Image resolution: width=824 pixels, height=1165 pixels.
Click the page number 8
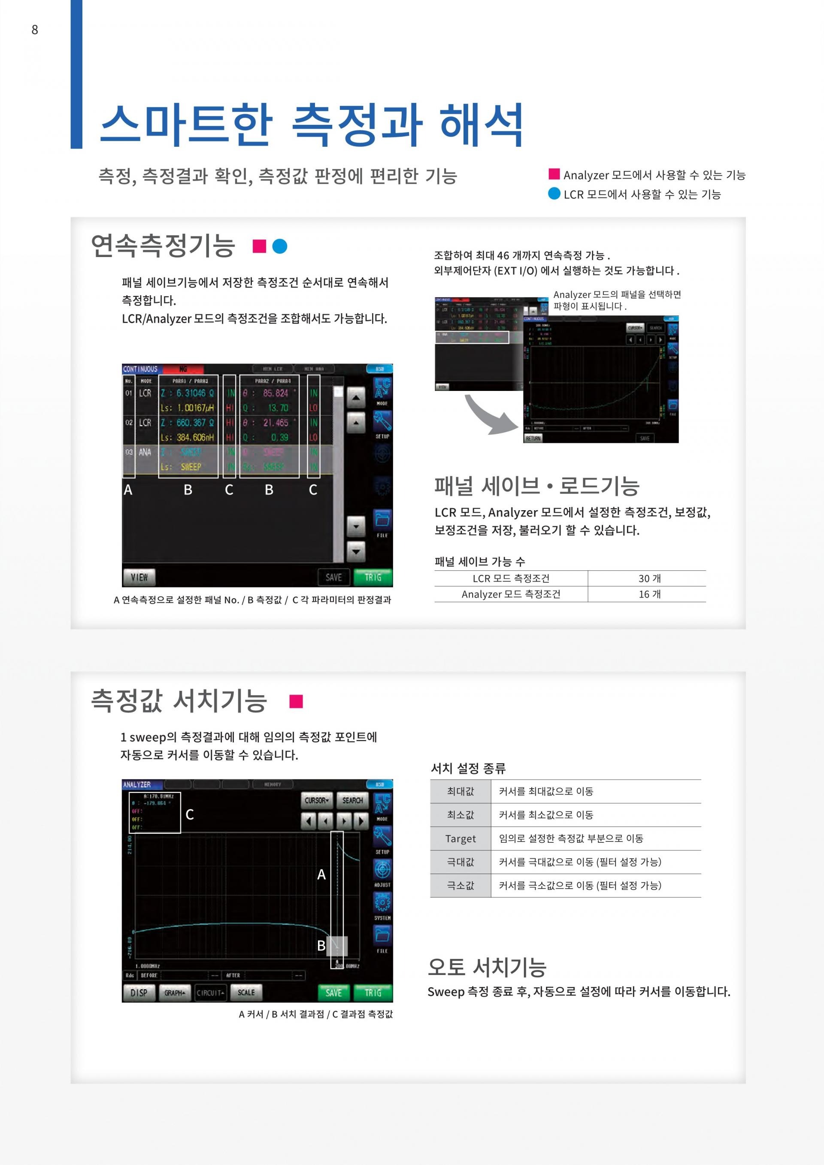(34, 30)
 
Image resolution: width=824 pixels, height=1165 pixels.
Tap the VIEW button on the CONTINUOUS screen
(139, 577)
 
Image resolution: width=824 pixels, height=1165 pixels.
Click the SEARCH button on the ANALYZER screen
(352, 800)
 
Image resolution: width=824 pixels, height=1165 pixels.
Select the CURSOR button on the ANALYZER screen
(317, 800)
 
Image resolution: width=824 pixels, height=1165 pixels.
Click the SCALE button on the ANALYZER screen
(246, 992)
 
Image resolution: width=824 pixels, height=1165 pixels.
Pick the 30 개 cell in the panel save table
(649, 578)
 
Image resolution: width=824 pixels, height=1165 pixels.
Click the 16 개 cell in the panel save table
(649, 594)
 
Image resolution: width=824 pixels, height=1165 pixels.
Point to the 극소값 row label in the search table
(460, 885)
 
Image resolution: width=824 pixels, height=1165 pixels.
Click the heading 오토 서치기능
(487, 967)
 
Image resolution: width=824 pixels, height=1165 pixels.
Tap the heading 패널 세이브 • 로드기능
(536, 486)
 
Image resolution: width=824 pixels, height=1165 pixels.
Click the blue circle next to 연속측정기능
(279, 246)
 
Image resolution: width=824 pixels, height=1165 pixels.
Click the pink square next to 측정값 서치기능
(296, 702)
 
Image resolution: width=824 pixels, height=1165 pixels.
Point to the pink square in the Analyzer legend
(554, 174)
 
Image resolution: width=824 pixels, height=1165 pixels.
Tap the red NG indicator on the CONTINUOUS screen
(183, 369)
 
